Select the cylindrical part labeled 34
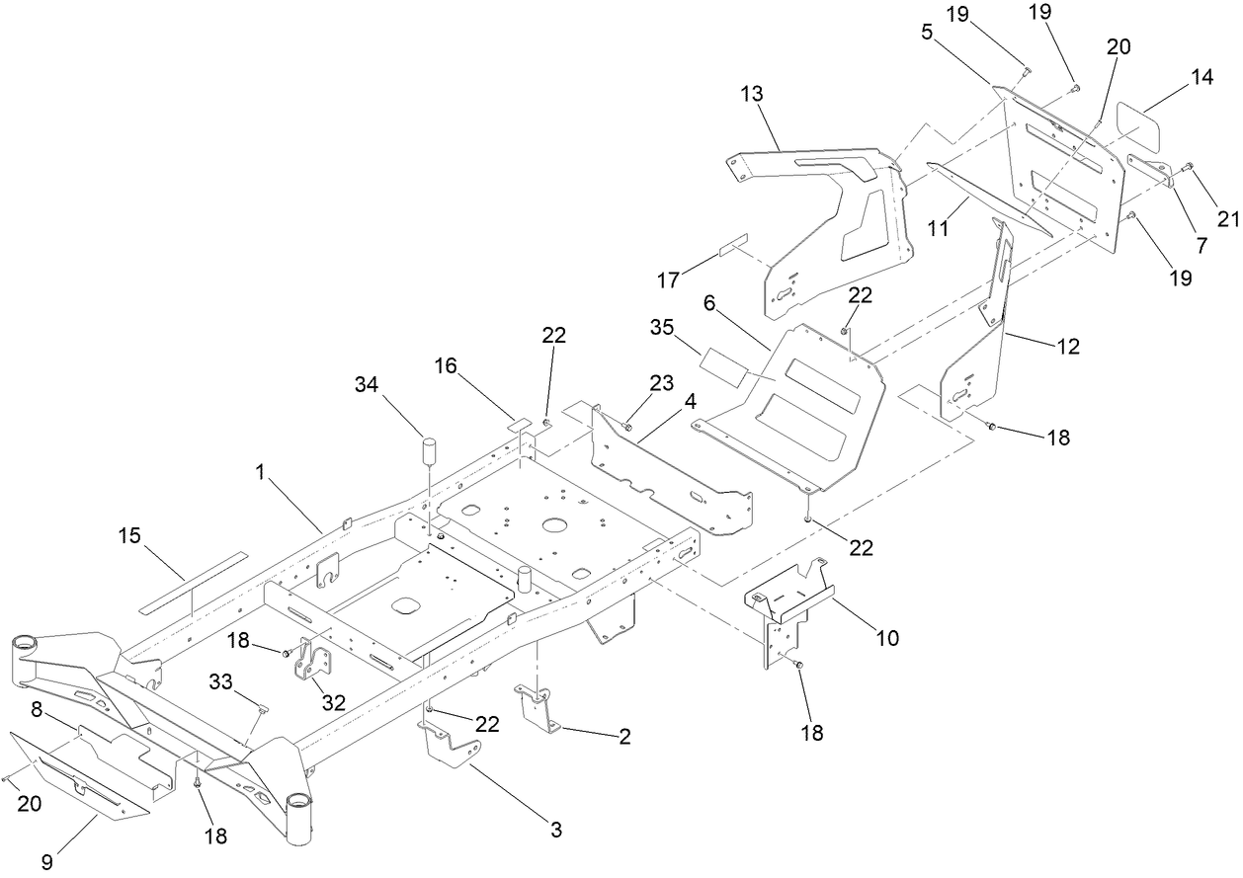click(x=431, y=451)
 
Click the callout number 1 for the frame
click(x=261, y=473)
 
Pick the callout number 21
click(x=1227, y=219)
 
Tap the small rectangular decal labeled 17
click(x=734, y=245)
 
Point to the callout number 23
click(x=661, y=382)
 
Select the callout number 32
click(x=335, y=702)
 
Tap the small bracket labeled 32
click(x=308, y=659)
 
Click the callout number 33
click(x=220, y=680)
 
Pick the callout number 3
click(x=556, y=830)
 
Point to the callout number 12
click(x=1067, y=347)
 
